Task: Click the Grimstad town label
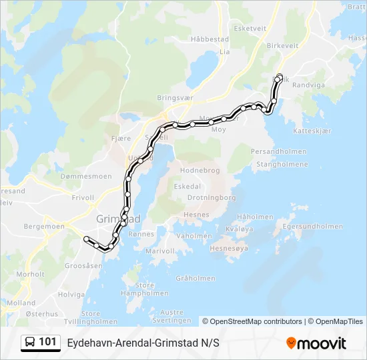pyautogui.click(x=118, y=219)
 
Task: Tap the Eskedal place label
pyautogui.click(x=187, y=187)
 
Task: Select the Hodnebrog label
pyautogui.click(x=200, y=171)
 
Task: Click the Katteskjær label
pyautogui.click(x=312, y=131)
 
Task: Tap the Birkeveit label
pyautogui.click(x=282, y=46)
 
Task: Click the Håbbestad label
pyautogui.click(x=210, y=40)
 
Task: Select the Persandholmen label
pyautogui.click(x=278, y=151)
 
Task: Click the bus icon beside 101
pyautogui.click(x=31, y=343)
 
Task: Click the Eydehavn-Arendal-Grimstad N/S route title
pyautogui.click(x=143, y=343)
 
